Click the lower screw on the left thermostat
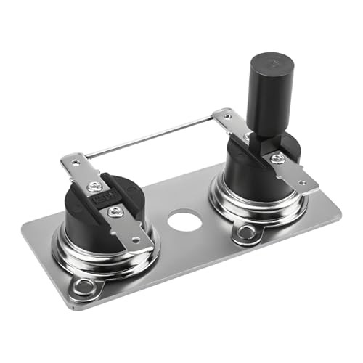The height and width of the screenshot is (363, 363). click(x=115, y=211)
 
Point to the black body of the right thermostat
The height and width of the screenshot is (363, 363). click(x=240, y=171)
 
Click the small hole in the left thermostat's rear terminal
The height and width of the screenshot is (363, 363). click(x=73, y=160)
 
